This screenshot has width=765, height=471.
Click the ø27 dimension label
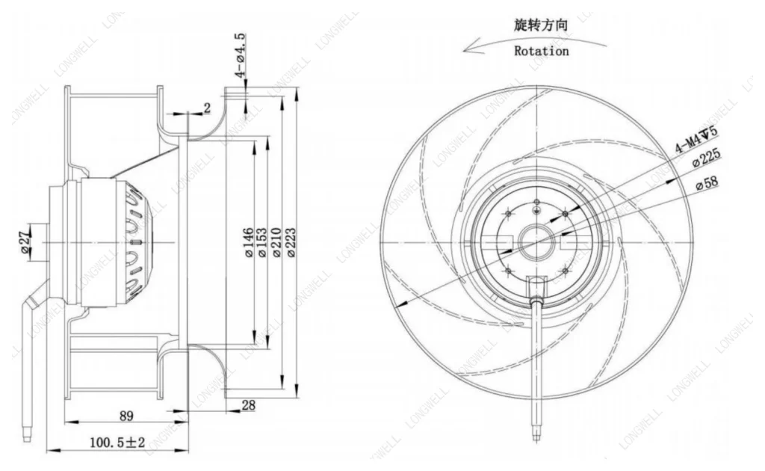click(25, 242)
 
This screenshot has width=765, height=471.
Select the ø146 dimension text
click(248, 242)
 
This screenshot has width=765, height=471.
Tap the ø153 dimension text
click(261, 242)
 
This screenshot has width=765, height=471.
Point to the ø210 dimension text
click(276, 242)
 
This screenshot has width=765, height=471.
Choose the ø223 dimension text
click(291, 242)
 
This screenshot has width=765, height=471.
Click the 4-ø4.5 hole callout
click(241, 55)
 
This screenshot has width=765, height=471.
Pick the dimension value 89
click(126, 416)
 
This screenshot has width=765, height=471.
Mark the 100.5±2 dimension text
click(117, 443)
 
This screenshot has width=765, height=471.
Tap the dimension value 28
click(248, 405)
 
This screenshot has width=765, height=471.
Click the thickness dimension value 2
click(207, 108)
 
